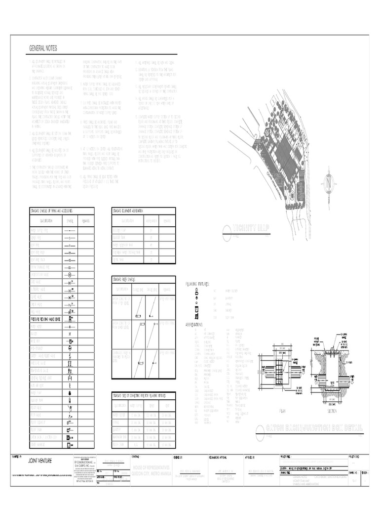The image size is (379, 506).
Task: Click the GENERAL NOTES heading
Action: click(43, 48)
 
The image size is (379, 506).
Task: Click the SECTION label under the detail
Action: click(332, 411)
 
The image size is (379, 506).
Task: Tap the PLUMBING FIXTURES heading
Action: click(197, 284)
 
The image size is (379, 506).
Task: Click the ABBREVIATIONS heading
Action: click(196, 325)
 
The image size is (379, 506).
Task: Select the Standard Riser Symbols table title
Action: click(124, 280)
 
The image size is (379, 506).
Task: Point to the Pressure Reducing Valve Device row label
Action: click(45, 320)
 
